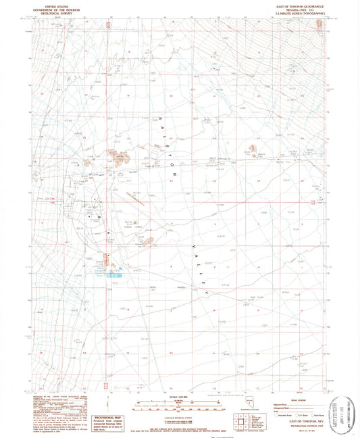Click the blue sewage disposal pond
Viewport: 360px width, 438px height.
coord(109,274)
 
